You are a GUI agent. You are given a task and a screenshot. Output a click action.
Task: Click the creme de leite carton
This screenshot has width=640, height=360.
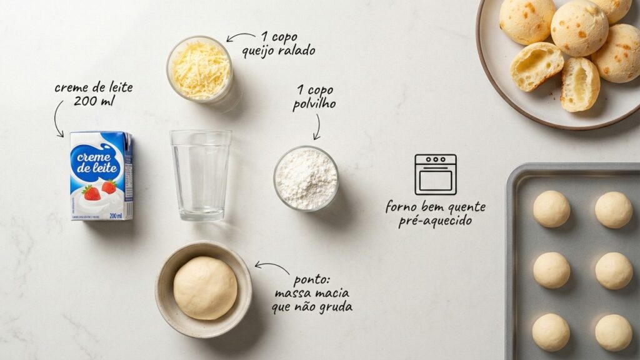click(101, 176)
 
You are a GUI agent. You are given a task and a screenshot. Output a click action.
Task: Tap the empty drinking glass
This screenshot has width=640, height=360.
click(200, 174)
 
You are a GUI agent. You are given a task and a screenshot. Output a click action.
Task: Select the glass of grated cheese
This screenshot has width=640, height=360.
click(200, 69)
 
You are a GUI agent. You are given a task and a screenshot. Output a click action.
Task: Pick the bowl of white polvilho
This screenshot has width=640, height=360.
click(306, 178)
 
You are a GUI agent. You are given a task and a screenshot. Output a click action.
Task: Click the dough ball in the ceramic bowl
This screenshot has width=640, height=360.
click(205, 287)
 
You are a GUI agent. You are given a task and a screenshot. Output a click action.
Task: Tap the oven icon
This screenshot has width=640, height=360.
click(435, 174)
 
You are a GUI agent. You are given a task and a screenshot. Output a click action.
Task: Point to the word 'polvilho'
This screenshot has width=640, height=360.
click(314, 104)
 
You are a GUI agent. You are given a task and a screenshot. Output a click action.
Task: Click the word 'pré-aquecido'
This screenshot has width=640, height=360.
click(435, 221)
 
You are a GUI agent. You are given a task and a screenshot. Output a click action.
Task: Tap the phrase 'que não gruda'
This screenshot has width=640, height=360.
click(312, 307)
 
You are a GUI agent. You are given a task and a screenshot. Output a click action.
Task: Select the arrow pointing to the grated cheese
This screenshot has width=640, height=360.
click(240, 37)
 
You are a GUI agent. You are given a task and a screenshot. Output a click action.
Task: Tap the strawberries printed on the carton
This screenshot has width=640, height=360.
click(100, 189)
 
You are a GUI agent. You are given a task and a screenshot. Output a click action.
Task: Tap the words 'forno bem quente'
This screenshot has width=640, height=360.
click(435, 207)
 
